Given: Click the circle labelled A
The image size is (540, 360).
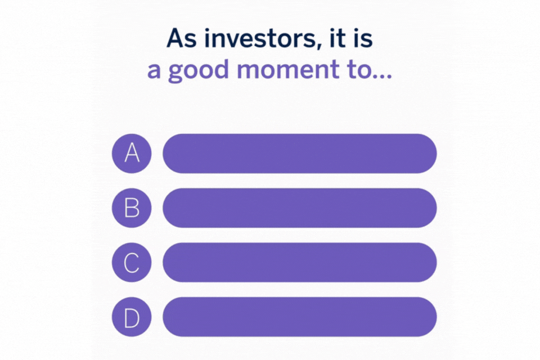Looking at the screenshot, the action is click(132, 154).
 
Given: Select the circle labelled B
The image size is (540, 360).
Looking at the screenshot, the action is click(132, 208).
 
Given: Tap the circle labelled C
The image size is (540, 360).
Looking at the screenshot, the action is click(132, 262).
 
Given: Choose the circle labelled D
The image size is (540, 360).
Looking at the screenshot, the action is click(132, 317).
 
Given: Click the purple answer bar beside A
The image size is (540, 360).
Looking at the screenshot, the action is click(300, 154).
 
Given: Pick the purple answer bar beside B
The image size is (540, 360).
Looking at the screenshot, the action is click(300, 208).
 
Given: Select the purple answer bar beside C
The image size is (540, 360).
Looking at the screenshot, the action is click(300, 262).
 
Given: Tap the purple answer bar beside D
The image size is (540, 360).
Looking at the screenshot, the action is click(300, 317).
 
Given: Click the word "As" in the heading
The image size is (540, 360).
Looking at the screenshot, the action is click(182, 38).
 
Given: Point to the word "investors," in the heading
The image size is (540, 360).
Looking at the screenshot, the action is click(260, 39).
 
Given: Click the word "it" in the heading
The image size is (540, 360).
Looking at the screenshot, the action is click(337, 38).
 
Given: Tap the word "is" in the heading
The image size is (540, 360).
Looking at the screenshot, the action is click(363, 38).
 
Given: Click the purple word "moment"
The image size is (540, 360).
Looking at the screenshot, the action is click(288, 70).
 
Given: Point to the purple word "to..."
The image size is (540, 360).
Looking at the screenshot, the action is click(370, 70).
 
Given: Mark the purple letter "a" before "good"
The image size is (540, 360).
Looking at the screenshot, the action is click(154, 71).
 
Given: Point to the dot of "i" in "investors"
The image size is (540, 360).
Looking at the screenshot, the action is click(208, 30).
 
